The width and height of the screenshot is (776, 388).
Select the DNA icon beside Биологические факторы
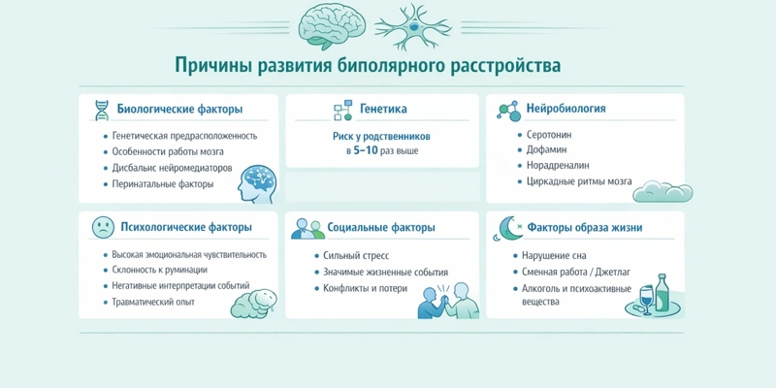(101, 110)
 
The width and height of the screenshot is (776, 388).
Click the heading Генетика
(383, 109)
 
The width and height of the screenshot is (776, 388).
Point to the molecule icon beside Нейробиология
(507, 109)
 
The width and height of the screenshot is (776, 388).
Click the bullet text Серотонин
(548, 133)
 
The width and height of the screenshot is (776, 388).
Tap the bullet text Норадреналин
(555, 166)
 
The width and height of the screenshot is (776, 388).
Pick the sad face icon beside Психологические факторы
(102, 228)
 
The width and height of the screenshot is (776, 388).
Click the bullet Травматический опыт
(153, 303)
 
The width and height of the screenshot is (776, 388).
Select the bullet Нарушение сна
(555, 255)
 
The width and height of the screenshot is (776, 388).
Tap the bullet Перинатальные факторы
(160, 183)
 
